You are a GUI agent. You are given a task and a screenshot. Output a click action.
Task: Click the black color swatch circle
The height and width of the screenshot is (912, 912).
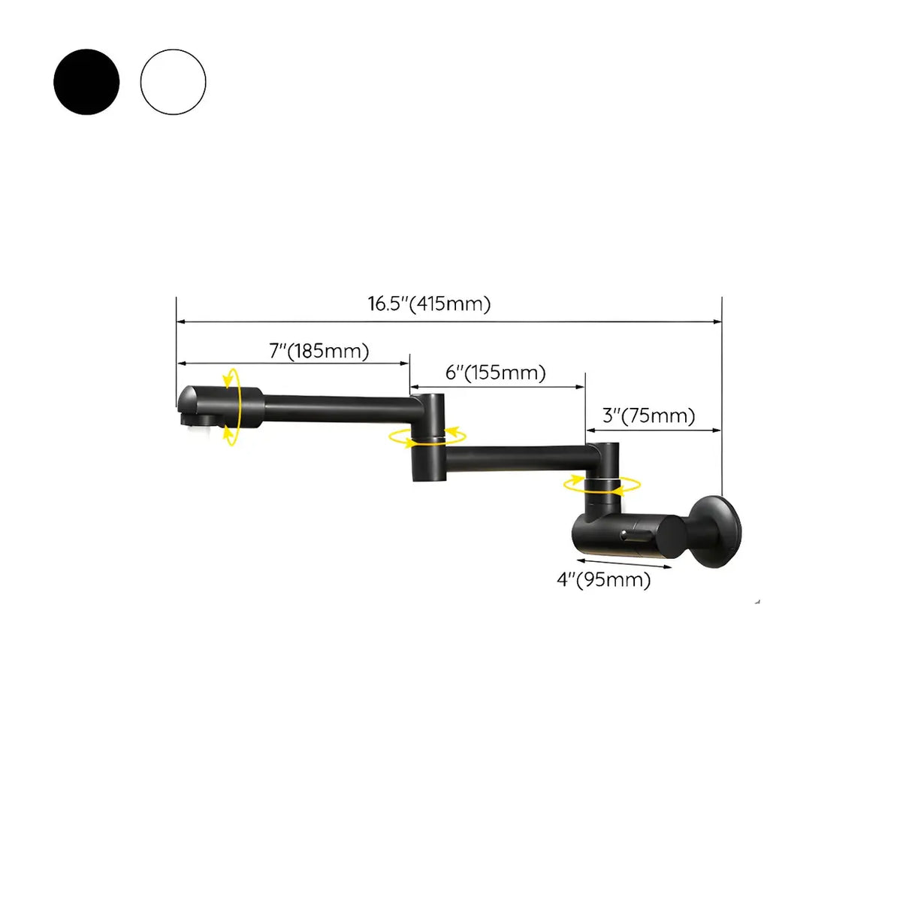click(86, 82)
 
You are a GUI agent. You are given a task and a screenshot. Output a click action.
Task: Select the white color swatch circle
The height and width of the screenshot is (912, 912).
click(173, 82)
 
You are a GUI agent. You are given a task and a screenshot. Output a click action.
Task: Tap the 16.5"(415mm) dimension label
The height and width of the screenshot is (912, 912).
click(429, 304)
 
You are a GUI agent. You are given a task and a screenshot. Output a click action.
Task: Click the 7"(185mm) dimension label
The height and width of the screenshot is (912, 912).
click(319, 351)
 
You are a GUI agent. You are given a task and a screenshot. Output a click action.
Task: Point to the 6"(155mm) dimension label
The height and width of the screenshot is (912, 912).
click(496, 373)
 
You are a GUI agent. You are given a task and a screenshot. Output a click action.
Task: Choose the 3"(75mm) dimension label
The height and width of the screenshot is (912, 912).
click(649, 415)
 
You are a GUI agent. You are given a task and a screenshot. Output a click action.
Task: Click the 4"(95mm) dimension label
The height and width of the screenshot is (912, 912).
click(604, 579)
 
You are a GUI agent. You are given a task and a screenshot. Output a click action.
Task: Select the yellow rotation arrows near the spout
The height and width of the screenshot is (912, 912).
click(233, 406)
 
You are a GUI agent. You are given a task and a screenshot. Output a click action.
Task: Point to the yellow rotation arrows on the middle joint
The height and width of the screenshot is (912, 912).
click(427, 436)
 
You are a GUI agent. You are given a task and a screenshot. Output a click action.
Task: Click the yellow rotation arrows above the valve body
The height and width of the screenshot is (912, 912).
click(602, 485)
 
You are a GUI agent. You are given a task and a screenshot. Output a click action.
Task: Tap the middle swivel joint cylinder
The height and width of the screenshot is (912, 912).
click(427, 436)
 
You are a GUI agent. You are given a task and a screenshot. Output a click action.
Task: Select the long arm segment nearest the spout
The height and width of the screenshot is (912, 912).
click(338, 409)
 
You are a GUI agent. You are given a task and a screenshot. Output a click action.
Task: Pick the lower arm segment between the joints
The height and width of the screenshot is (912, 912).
click(518, 458)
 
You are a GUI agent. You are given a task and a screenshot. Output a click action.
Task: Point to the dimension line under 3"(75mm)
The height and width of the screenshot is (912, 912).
click(654, 430)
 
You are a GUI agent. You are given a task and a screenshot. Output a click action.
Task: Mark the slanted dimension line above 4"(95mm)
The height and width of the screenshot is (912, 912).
click(624, 563)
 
